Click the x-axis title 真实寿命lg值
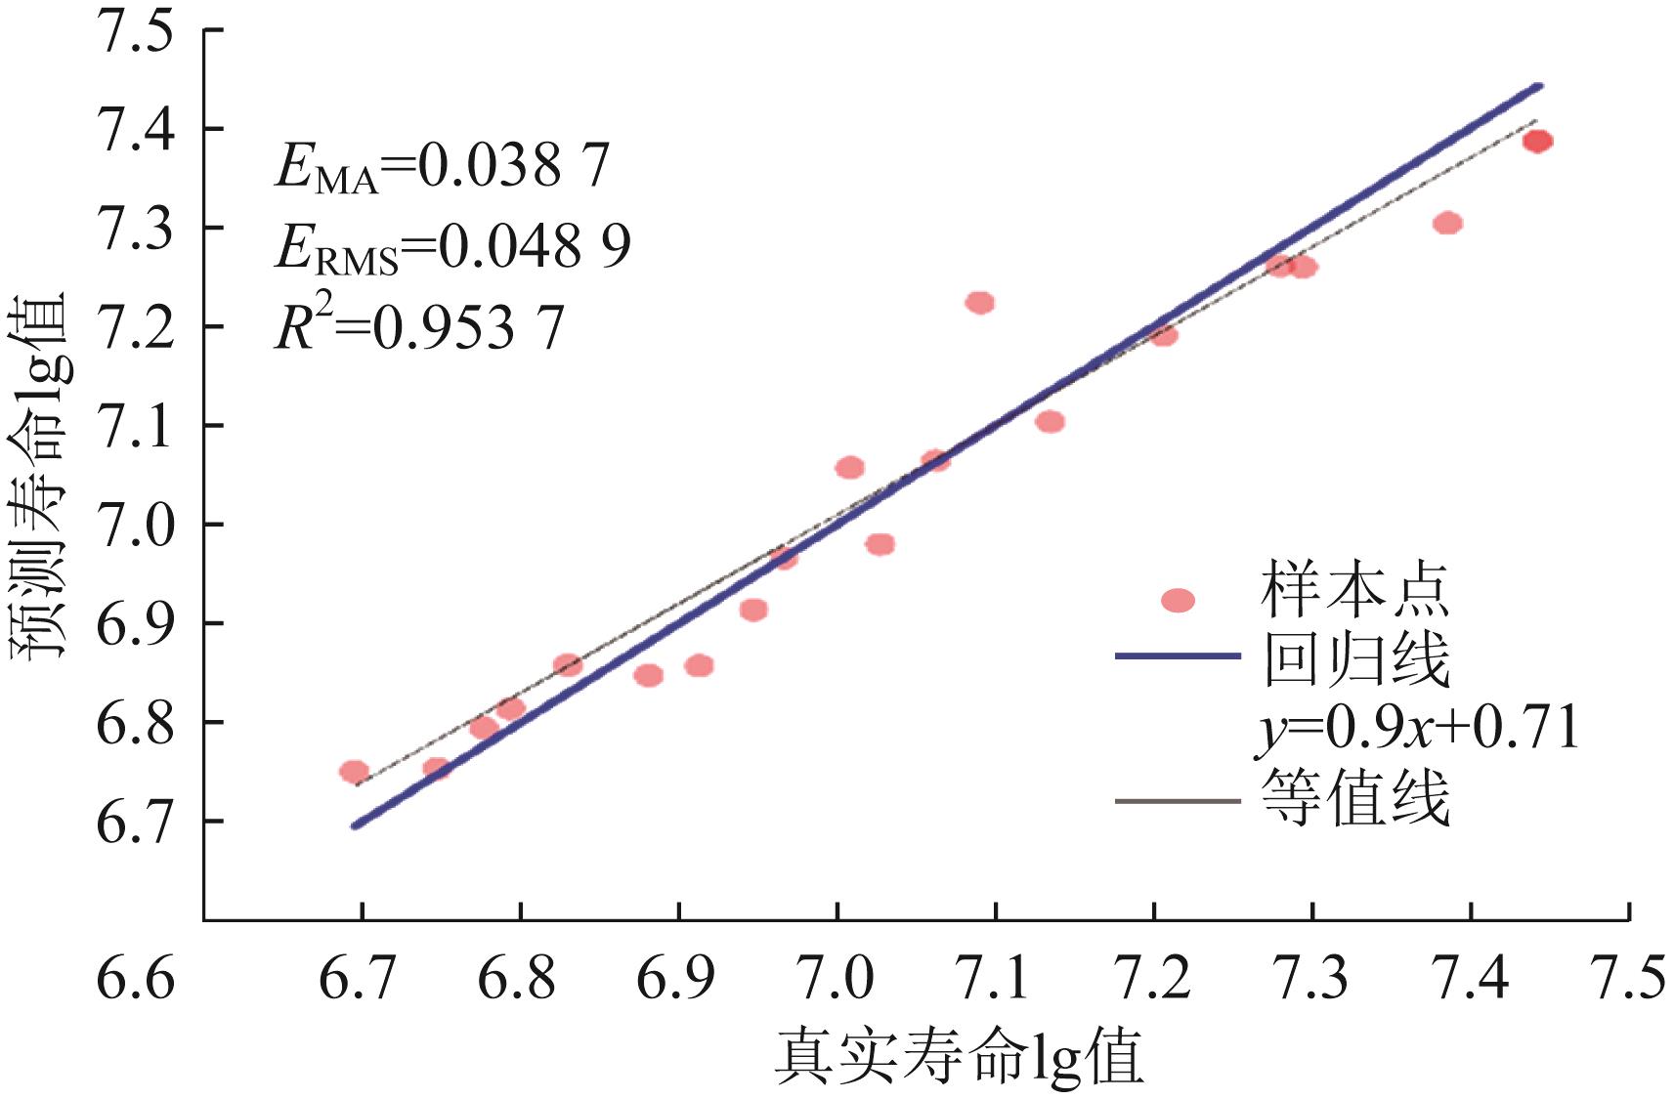click(x=960, y=1059)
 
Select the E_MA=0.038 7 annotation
click(x=442, y=166)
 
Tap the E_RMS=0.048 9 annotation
click(x=452, y=246)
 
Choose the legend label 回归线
click(x=1354, y=659)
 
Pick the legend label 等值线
click(x=1354, y=799)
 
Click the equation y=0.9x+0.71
click(x=1417, y=729)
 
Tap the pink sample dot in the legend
click(x=1178, y=600)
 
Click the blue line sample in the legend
click(x=1177, y=656)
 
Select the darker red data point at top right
click(x=1537, y=142)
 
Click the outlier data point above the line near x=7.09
click(x=979, y=303)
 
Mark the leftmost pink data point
click(x=354, y=772)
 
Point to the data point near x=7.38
click(x=1447, y=224)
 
